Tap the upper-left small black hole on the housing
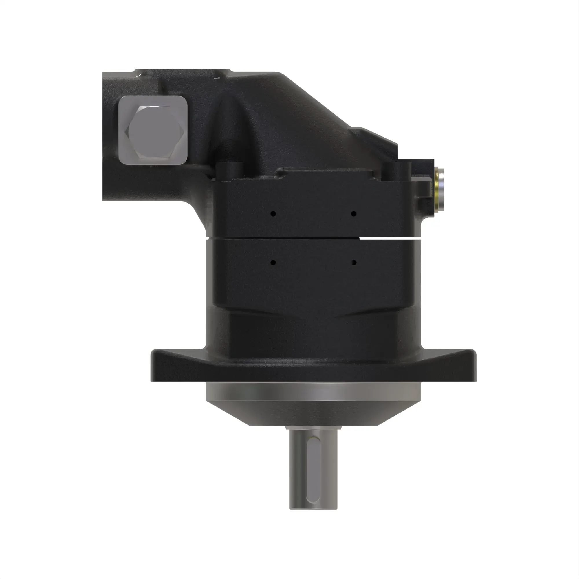point(273,214)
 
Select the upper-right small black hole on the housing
point(354,214)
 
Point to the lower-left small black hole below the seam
point(273,263)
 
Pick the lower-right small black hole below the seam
point(354,263)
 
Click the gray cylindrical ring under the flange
point(313,391)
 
